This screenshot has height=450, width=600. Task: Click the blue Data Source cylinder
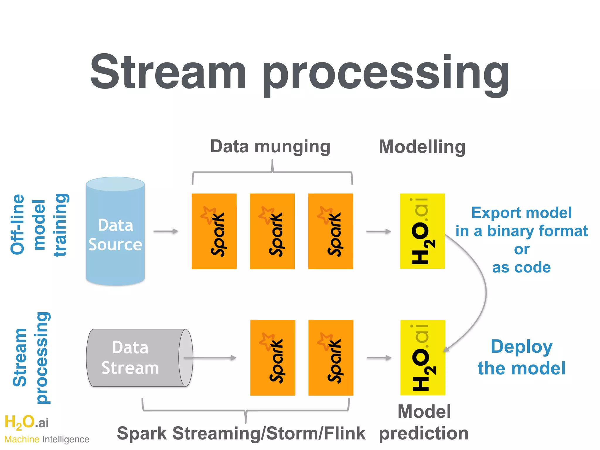pyautogui.click(x=115, y=231)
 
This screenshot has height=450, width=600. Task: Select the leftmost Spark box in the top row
pyautogui.click(x=214, y=231)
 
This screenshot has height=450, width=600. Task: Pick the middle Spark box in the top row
pyautogui.click(x=272, y=231)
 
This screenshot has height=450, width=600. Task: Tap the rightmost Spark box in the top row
pyautogui.click(x=330, y=231)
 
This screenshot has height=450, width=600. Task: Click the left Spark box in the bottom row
pyautogui.click(x=272, y=358)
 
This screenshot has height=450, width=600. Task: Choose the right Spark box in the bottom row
pyautogui.click(x=331, y=358)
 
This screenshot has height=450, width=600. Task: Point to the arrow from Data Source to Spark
pyautogui.click(x=166, y=231)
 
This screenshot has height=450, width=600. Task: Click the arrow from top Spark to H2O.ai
pyautogui.click(x=379, y=231)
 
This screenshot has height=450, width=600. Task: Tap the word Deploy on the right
pyautogui.click(x=521, y=347)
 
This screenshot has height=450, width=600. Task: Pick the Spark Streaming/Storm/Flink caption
pyautogui.click(x=241, y=433)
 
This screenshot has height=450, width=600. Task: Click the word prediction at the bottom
pyautogui.click(x=424, y=433)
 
